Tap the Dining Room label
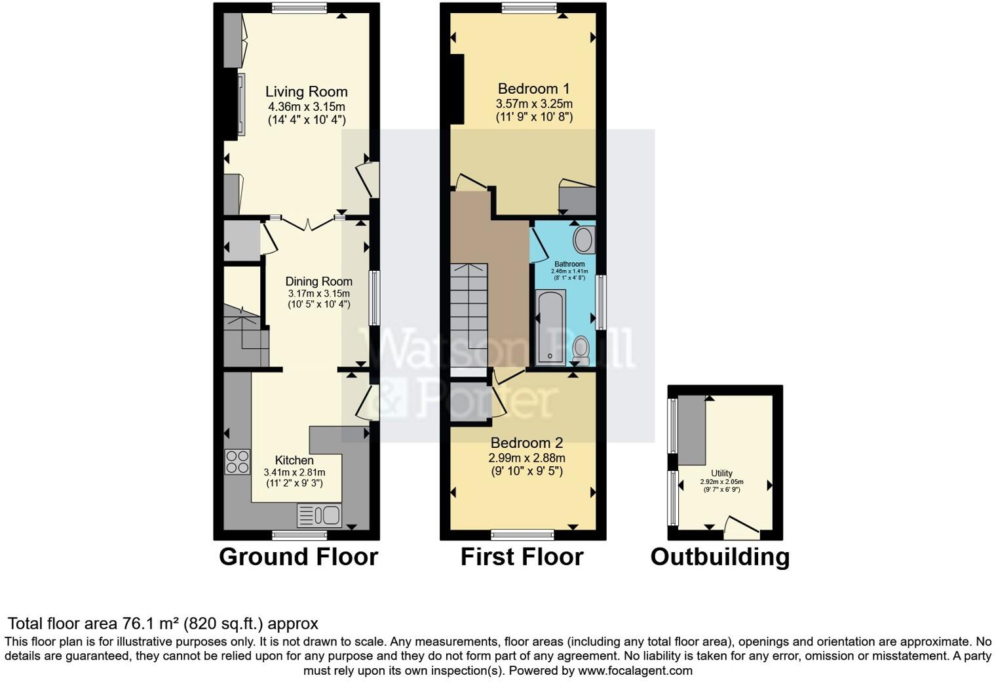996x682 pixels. [318, 281]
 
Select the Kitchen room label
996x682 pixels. [294, 460]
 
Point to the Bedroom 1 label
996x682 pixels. [533, 89]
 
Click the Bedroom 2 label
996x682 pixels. [526, 443]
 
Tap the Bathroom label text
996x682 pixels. [569, 264]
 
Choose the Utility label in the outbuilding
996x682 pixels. [721, 473]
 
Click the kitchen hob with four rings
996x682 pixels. [237, 461]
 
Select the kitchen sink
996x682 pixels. [319, 515]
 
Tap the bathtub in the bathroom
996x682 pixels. [550, 328]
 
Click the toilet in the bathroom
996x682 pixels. [581, 350]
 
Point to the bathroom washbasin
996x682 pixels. [583, 240]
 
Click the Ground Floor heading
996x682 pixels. [298, 557]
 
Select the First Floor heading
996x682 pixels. [522, 557]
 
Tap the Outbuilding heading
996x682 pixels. [719, 557]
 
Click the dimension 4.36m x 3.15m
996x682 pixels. [306, 106]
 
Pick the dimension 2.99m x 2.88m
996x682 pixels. [526, 458]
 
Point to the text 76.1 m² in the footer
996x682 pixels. [151, 624]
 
